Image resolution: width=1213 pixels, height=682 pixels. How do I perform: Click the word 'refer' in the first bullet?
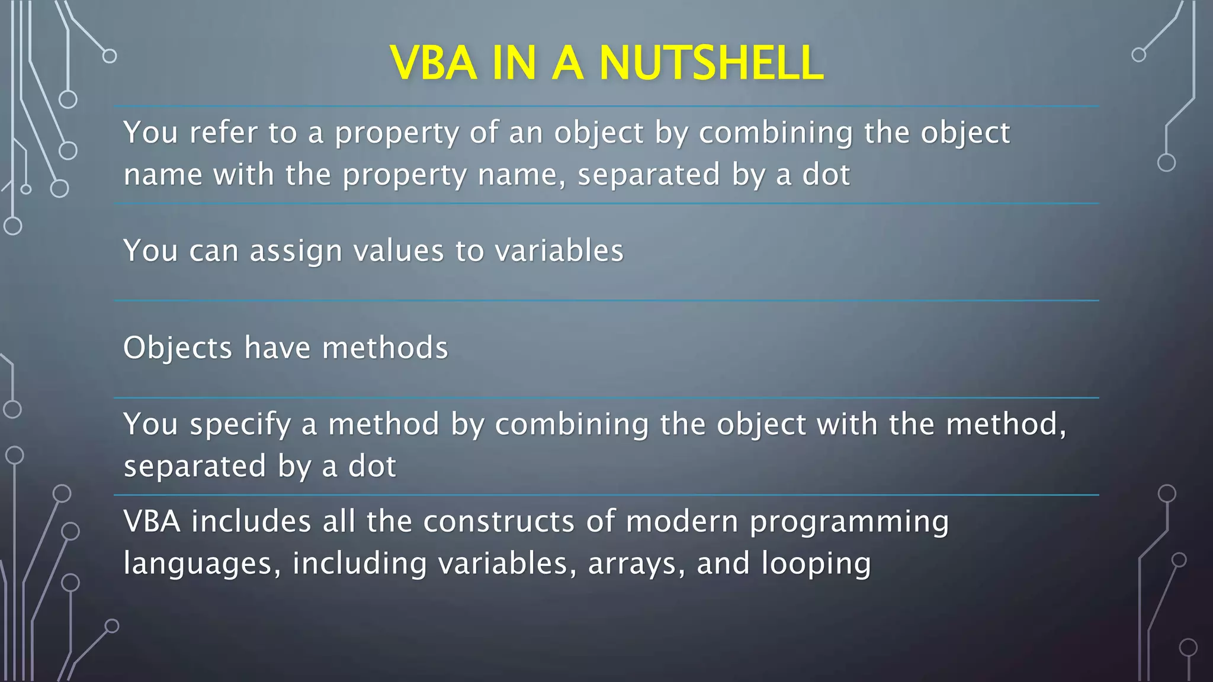coord(223,132)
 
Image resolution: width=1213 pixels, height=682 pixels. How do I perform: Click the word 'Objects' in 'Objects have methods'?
coord(178,348)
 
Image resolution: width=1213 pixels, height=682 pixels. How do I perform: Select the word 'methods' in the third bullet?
coord(385,348)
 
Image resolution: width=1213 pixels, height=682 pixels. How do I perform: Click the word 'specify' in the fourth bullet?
coord(240,425)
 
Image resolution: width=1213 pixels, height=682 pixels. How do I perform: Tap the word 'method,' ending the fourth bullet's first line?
coord(1006,424)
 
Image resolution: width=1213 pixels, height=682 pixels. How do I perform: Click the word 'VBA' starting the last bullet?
coord(152,522)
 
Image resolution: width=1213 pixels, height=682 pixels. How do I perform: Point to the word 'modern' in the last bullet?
coord(682,522)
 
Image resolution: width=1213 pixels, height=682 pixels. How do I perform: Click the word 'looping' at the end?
coord(816,564)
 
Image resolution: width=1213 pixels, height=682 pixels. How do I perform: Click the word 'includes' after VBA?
coord(251,522)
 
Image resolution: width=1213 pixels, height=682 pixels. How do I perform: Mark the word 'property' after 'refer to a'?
coord(397,133)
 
